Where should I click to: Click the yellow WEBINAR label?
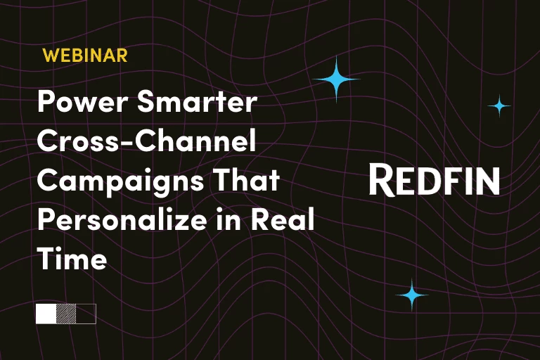pyautogui.click(x=85, y=56)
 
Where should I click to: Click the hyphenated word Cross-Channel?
pyautogui.click(x=146, y=143)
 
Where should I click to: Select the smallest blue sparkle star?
pyautogui.click(x=499, y=105)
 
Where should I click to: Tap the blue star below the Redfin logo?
pyautogui.click(x=412, y=295)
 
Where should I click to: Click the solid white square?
pyautogui.click(x=46, y=314)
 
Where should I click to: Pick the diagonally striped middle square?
pyautogui.click(x=66, y=314)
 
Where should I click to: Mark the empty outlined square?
pyautogui.click(x=86, y=314)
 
